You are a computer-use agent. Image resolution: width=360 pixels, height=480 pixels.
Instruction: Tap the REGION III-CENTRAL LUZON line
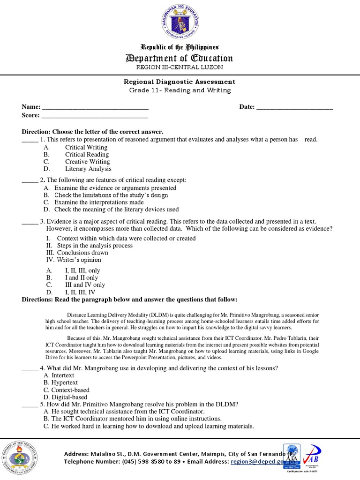click(180, 67)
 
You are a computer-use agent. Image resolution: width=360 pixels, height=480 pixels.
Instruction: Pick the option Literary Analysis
click(88, 169)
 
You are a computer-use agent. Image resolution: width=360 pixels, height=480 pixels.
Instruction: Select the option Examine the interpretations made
click(99, 202)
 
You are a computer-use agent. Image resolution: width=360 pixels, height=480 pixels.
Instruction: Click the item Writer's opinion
click(79, 260)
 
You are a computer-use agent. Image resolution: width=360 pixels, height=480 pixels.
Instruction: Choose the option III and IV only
click(85, 285)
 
